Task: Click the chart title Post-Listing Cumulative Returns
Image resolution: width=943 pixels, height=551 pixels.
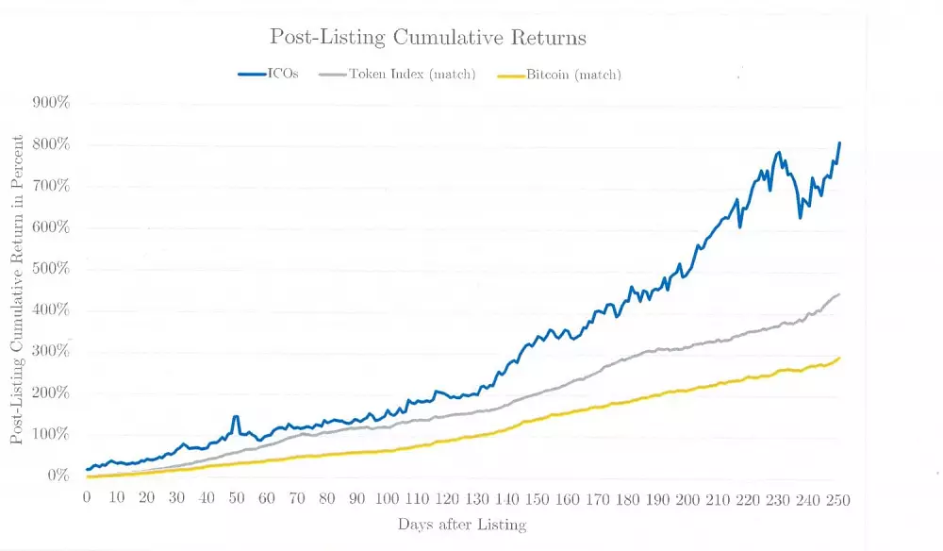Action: [428, 38]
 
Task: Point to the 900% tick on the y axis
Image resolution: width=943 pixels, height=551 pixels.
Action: [52, 103]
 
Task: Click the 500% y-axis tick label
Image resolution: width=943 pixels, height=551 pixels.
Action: [52, 269]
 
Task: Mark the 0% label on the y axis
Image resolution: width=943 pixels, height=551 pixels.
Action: [58, 476]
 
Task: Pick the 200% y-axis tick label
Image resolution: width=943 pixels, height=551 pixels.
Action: [52, 393]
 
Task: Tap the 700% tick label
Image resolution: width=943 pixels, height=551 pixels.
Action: [52, 186]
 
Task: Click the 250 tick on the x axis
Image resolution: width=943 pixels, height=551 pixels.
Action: [837, 499]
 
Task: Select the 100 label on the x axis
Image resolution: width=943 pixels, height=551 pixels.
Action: [387, 499]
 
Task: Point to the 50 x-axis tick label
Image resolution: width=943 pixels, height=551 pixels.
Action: [237, 499]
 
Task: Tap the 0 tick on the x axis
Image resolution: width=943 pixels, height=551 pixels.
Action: [87, 499]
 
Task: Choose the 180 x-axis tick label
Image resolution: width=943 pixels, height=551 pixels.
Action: [627, 499]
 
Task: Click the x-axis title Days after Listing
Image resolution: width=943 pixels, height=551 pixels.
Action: [462, 525]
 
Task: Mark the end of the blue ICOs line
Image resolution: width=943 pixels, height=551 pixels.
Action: [839, 143]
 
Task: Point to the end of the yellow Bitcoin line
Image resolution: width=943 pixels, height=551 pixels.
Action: [839, 358]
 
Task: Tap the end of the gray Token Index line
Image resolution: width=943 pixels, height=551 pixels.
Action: [839, 294]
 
